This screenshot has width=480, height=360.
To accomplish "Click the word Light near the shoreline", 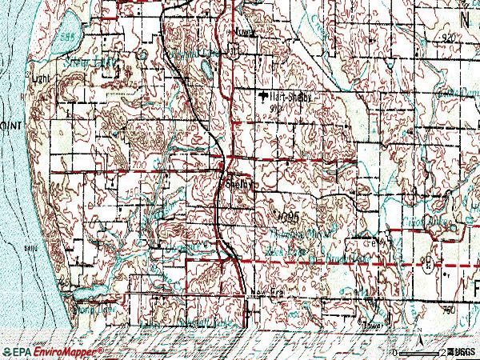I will (x=34, y=78).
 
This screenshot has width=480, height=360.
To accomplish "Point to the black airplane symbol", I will (x=263, y=97).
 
